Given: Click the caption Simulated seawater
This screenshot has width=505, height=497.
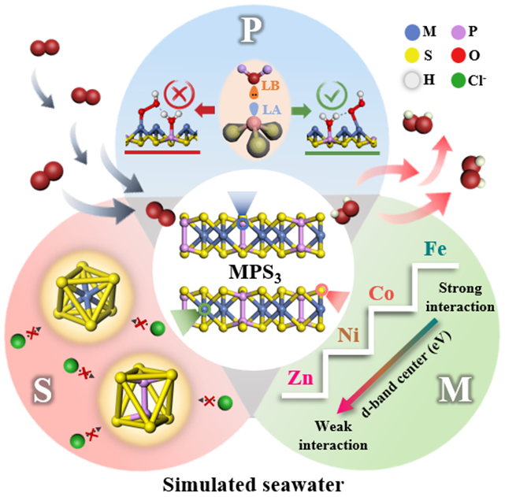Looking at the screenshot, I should [252, 480].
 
